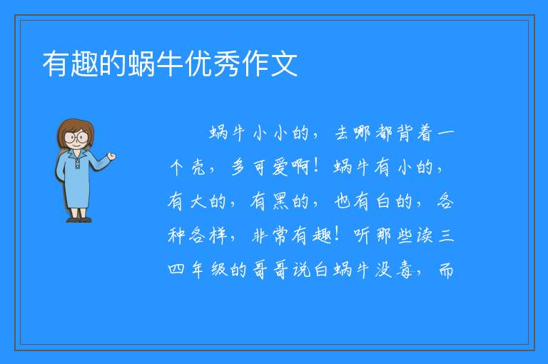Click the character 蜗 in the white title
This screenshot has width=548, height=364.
click(x=141, y=64)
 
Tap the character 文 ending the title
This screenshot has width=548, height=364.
click(x=283, y=64)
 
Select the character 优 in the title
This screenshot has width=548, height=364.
click(x=198, y=64)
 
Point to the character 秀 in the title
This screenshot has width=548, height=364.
click(x=226, y=64)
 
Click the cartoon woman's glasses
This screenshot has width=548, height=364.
click(x=76, y=137)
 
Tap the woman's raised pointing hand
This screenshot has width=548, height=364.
click(x=111, y=156)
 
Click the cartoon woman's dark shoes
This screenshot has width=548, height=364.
click(x=79, y=220)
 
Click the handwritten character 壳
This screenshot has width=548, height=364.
click(x=198, y=167)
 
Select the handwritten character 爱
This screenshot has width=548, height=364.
click(x=280, y=167)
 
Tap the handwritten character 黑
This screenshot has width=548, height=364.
click(x=280, y=201)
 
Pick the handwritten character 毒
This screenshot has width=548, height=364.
click(x=405, y=270)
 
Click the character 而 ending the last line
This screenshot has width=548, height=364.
click(x=445, y=270)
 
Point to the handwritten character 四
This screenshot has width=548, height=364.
click(x=176, y=269)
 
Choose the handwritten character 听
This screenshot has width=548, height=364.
click(x=362, y=236)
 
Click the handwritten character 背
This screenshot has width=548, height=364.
click(x=405, y=133)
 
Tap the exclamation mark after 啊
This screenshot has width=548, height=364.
click(x=316, y=166)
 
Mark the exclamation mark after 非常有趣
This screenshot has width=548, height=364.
click(x=337, y=235)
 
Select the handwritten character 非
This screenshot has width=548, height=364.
click(x=260, y=236)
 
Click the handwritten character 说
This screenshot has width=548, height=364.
click(x=301, y=270)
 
